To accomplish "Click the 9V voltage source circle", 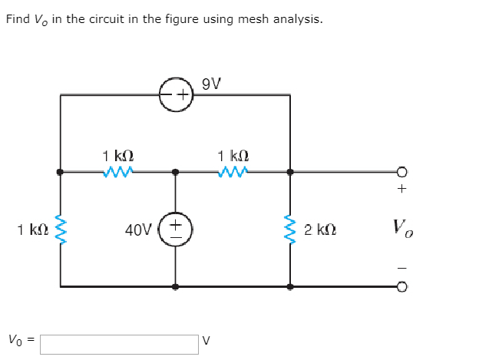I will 176,95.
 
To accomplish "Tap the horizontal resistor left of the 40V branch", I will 117,172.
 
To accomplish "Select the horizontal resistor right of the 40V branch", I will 232,172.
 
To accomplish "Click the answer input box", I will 119,343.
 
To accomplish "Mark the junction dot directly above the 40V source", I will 176,172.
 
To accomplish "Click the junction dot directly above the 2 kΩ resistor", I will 290,172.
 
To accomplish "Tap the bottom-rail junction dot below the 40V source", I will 176,287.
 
